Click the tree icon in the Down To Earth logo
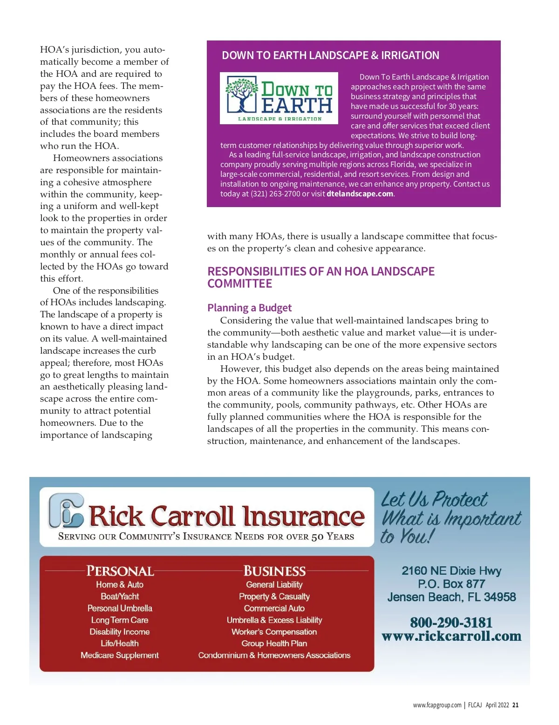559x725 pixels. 242,94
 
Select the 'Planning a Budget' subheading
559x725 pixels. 249,308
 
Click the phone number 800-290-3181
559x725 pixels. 451,622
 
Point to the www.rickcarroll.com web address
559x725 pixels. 451,636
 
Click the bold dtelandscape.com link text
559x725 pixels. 360,194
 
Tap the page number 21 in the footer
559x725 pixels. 515,705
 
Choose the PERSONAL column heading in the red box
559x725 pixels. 120,571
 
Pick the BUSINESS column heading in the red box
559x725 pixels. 274,571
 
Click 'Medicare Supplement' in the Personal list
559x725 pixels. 120,655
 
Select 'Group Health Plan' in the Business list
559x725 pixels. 274,644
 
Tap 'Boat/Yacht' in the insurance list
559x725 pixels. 120,597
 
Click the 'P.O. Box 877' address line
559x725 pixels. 451,584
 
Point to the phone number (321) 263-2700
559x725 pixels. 275,194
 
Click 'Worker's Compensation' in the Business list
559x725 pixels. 274,632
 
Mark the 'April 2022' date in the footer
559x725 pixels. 497,705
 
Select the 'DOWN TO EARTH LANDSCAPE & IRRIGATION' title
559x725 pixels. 330,55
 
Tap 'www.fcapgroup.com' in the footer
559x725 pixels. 437,705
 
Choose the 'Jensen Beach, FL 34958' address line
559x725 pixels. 451,597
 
